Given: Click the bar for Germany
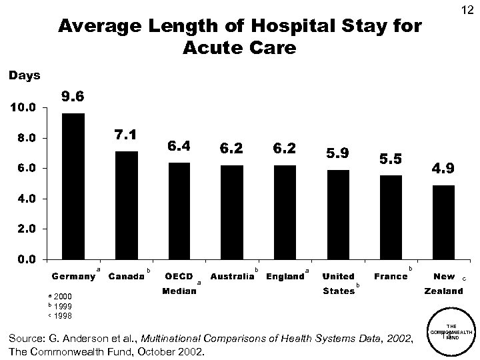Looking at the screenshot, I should coord(73,186).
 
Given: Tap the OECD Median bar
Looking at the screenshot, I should coord(179,211).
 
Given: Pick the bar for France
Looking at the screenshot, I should coord(391,217).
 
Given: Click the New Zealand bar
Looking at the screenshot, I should coord(443,222).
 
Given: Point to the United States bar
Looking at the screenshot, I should coord(338,214).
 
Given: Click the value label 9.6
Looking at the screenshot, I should coord(73,97).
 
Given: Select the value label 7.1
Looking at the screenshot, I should coord(126,135).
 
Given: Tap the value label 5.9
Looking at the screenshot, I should coord(337,153).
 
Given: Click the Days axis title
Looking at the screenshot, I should coord(24,75).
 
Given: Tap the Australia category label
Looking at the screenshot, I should coord(231,277).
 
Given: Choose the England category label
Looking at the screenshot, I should coord(284,277).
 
